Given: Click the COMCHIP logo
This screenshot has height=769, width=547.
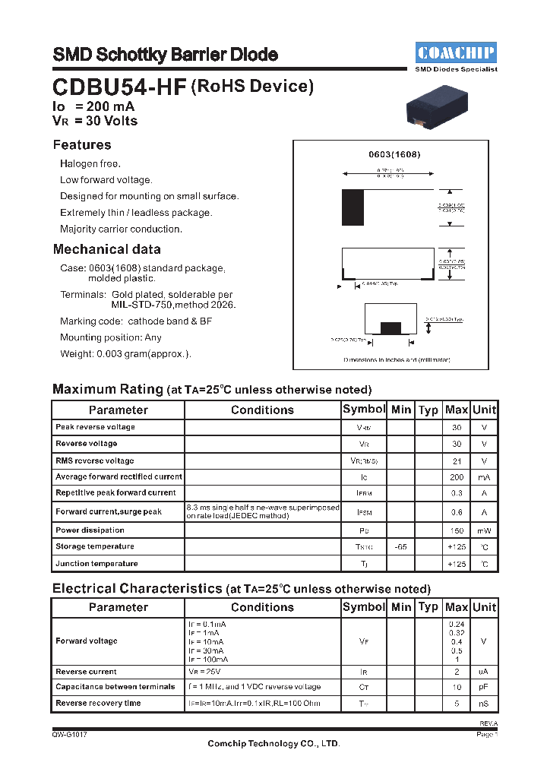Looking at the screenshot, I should point(456,52).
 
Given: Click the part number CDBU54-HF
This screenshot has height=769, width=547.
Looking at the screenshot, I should point(119,87).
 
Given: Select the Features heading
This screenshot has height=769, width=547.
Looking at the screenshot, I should point(82,145).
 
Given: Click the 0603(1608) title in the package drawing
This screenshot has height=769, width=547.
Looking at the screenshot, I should point(394,154).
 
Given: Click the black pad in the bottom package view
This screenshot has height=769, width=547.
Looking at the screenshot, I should point(390,328).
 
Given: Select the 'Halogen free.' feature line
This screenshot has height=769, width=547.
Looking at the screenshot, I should point(90,164).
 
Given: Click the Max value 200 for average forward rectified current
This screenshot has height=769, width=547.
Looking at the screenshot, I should point(457,477).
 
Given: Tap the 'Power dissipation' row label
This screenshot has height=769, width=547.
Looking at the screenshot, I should point(90,530).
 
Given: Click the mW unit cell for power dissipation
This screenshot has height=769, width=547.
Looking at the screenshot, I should point(484,530).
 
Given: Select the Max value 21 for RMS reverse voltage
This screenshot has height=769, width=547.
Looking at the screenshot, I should point(457,460).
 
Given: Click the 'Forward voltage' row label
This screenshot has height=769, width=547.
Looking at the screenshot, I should point(87,641).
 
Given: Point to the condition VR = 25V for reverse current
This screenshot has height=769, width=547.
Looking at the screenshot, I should point(205,672).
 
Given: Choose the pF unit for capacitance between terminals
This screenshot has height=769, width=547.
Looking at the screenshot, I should point(484,687).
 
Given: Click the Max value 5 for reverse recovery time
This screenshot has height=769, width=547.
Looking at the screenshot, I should point(457,704).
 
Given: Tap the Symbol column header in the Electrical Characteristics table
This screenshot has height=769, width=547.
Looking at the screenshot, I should point(364,607).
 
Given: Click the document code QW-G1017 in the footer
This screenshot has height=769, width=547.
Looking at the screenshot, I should point(70,735).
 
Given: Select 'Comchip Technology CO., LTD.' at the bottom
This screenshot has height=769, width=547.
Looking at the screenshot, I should point(273,744).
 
